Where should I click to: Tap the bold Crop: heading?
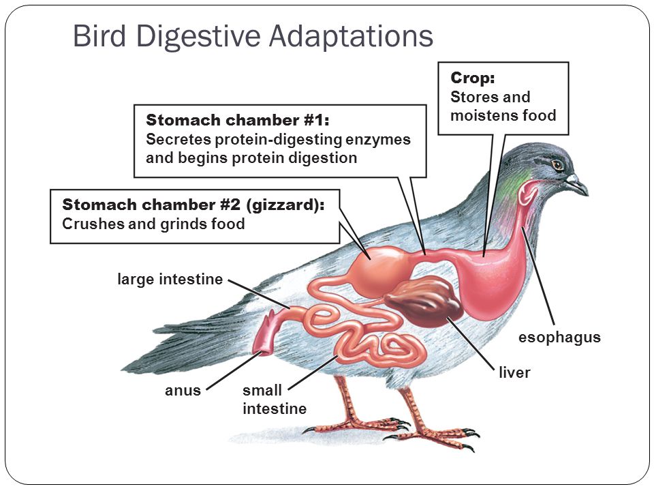[x=473, y=78]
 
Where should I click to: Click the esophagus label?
[x=559, y=338]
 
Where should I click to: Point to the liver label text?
[x=514, y=372]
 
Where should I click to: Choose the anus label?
[x=183, y=390]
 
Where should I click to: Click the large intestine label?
[x=170, y=280]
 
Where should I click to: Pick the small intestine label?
[x=275, y=400]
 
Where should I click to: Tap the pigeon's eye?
[x=557, y=165]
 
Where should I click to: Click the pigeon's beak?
[x=578, y=184]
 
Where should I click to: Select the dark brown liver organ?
[x=424, y=300]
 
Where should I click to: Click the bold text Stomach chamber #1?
[x=237, y=120]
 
